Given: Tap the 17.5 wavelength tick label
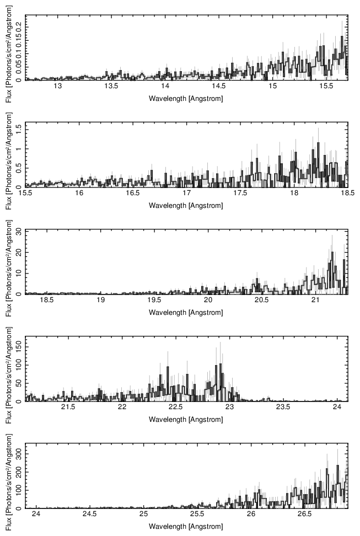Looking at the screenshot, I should [240, 193].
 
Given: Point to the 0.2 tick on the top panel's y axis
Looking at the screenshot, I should [19, 26].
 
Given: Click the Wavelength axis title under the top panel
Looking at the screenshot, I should [186, 98].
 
